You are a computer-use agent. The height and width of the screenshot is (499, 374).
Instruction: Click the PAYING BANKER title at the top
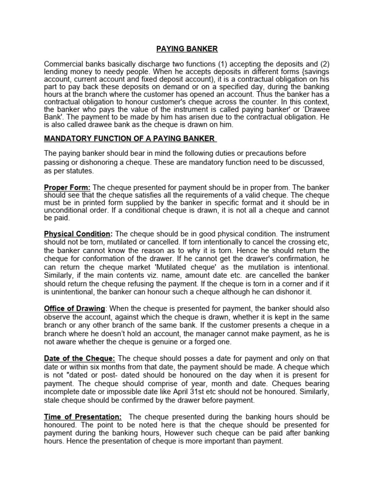187,49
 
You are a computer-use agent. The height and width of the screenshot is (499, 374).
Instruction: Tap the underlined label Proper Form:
67,188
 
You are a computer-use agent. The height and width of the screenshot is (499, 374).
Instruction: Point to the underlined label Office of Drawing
75,308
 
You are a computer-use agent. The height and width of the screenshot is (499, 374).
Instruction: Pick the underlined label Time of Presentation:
83,417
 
